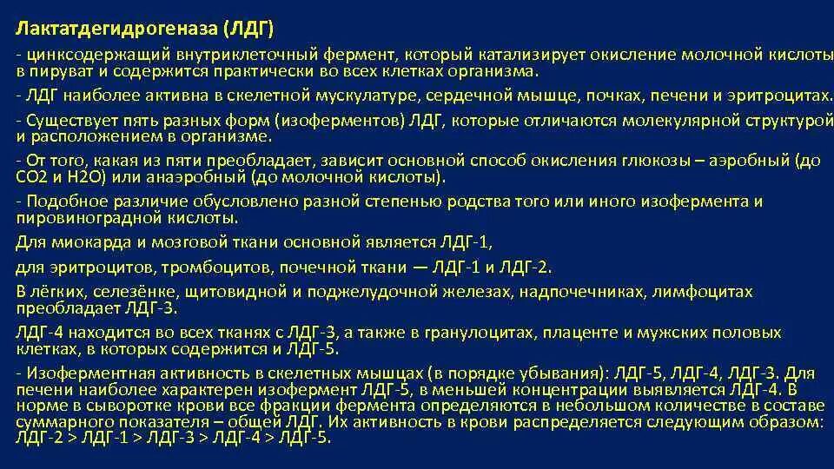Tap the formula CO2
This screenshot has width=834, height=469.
point(32,177)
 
